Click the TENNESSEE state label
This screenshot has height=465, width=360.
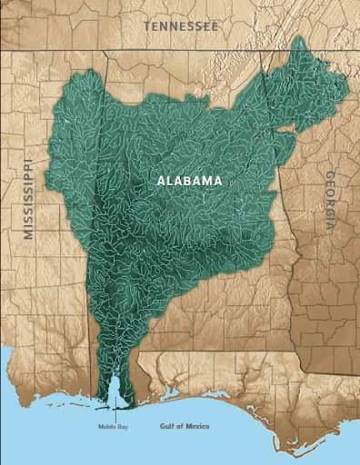(x=180, y=27)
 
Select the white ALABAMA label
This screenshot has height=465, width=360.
(x=189, y=181)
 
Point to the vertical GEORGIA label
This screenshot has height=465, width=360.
(x=330, y=202)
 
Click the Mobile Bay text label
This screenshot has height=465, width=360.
(x=114, y=426)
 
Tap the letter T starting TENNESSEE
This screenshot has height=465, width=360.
(x=146, y=27)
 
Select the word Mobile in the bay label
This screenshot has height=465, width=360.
(x=108, y=426)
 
